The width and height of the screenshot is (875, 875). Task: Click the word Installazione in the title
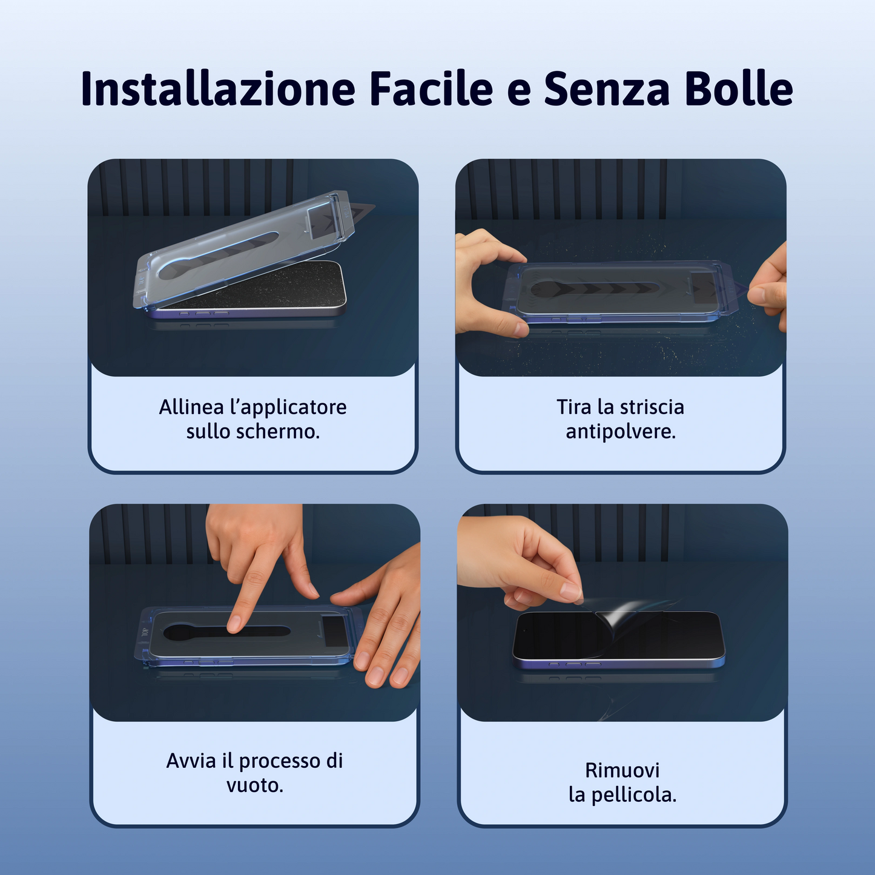(x=218, y=89)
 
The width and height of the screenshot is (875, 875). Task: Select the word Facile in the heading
(x=431, y=89)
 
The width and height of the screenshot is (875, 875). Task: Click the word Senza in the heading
(x=607, y=89)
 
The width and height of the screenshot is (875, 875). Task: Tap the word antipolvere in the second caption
(x=620, y=432)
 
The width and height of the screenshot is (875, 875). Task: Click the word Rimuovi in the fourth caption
(x=622, y=770)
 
